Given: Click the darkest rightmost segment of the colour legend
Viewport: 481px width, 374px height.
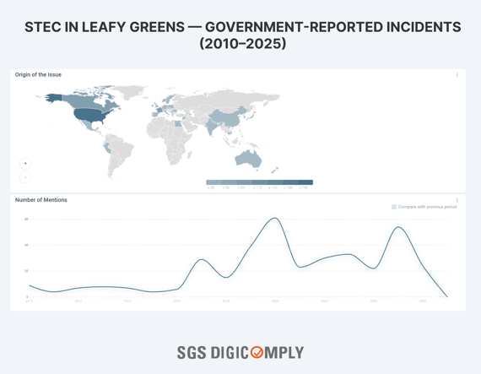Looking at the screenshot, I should (305, 182).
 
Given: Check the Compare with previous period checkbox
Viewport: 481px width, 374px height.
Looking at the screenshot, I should (394, 207).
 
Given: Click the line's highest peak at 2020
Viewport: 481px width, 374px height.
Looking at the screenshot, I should (275, 219).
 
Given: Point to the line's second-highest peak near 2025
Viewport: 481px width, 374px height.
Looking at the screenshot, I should (400, 227).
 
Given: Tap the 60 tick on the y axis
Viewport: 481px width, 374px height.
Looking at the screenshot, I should (26, 220).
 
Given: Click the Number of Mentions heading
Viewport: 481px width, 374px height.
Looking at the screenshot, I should (41, 200).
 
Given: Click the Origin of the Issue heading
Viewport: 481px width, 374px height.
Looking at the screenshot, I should (38, 75).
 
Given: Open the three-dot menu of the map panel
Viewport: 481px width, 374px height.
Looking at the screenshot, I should (457, 75).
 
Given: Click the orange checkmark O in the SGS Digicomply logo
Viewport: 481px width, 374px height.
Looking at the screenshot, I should (257, 353).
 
